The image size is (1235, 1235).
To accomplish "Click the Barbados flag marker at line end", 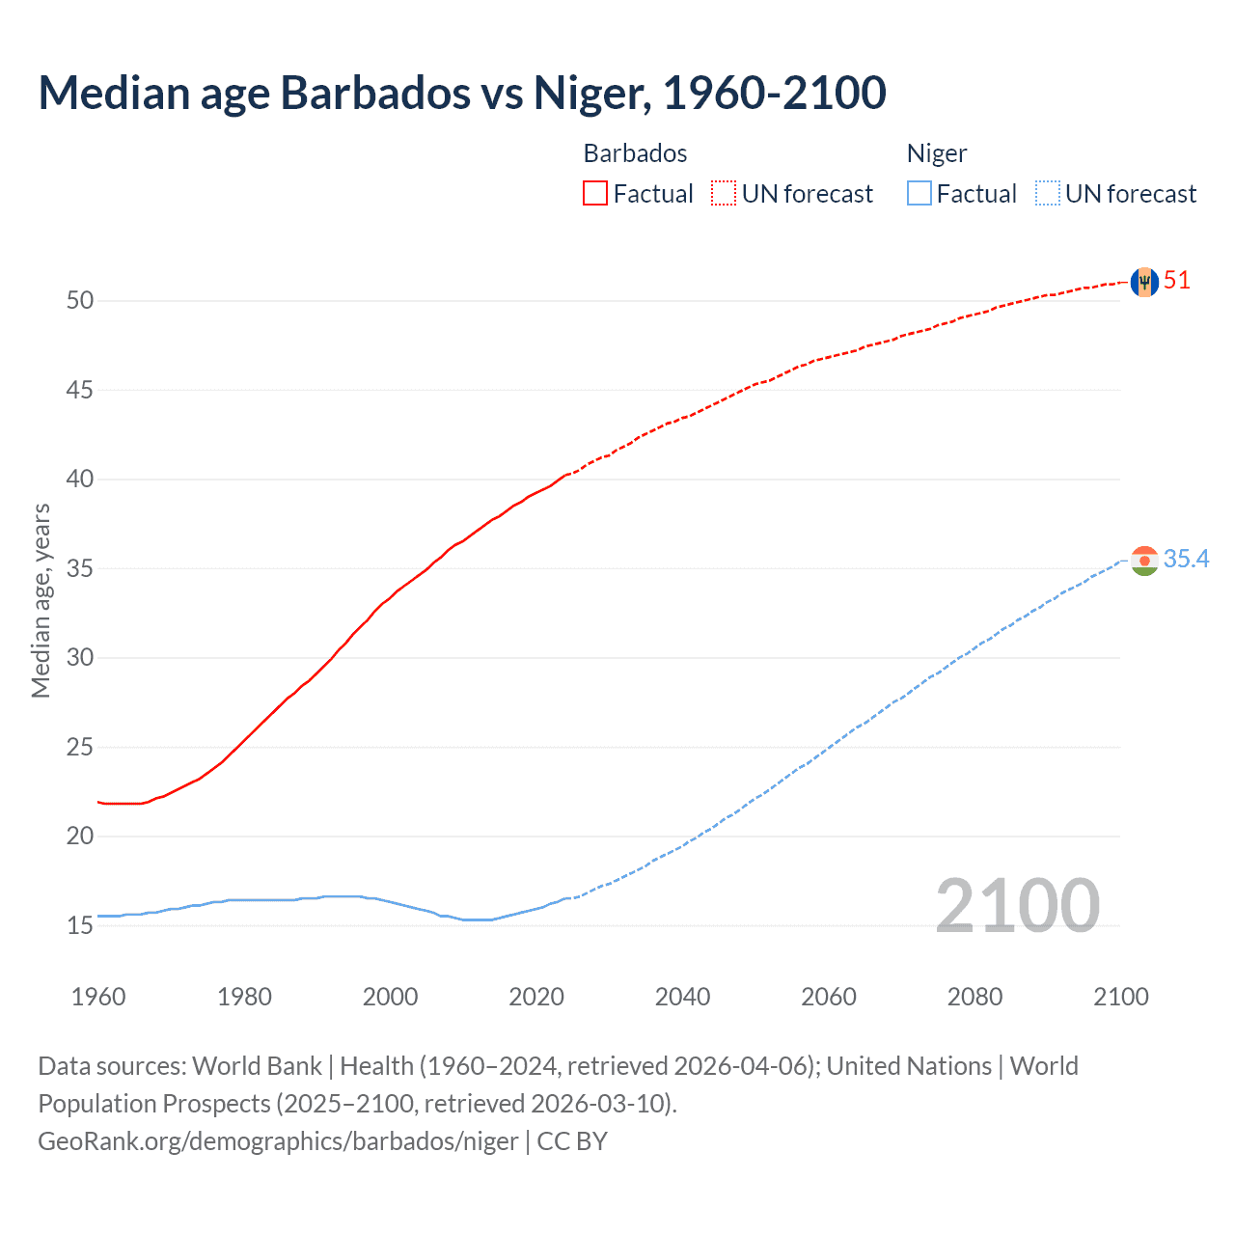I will click(1144, 282).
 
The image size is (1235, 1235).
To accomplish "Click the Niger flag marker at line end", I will click(1144, 561).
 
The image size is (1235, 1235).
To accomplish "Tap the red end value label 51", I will click(1177, 281).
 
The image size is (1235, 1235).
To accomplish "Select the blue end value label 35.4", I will click(1186, 560).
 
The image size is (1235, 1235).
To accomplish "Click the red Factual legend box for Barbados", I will click(595, 194).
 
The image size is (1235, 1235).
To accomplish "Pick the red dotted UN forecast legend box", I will click(724, 194).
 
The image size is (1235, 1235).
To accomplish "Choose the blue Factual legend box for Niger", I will click(919, 194).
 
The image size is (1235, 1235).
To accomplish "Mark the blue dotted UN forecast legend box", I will click(1048, 194).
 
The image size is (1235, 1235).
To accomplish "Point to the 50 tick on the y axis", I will click(80, 301).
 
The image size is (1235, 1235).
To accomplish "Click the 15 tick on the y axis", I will click(80, 926).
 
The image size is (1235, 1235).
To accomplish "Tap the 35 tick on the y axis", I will click(80, 569).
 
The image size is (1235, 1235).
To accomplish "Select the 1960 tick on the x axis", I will click(98, 997).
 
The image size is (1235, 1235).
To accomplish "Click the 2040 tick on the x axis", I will click(682, 997).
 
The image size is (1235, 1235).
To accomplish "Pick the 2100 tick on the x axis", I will click(1120, 997).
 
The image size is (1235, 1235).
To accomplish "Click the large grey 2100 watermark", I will click(1017, 905).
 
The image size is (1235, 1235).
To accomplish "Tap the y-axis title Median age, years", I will click(41, 600).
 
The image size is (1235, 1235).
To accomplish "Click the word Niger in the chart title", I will click(588, 93).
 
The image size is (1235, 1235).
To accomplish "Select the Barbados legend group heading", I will click(635, 153).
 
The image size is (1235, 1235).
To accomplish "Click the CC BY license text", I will click(572, 1141).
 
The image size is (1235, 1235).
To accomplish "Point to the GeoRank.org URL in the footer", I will click(278, 1141).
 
